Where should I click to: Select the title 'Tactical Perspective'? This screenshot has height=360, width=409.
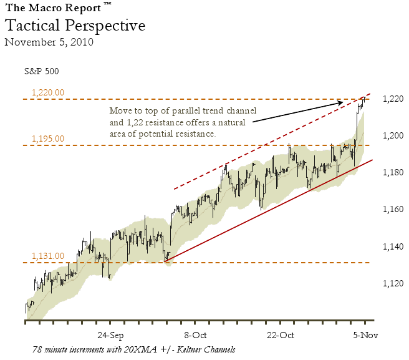pos(75,26)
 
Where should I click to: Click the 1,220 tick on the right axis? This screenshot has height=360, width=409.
pos(393,99)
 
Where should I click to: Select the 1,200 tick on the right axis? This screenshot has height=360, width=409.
pos(393,135)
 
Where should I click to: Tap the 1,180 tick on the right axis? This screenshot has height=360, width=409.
pos(393,172)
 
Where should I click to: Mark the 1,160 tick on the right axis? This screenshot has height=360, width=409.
pos(393,209)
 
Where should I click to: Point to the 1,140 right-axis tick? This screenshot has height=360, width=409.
pos(393,246)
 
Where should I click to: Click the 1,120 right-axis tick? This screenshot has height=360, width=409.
pos(393,283)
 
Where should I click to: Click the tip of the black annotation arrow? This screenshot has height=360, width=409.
pos(344,102)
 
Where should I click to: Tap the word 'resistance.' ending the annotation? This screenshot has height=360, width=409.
pos(195,134)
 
